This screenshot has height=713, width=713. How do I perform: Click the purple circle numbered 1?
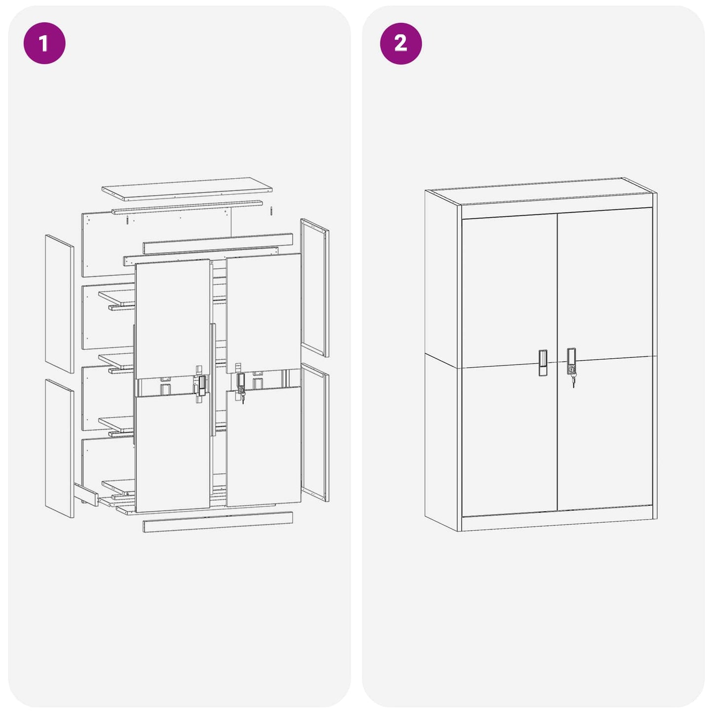(x=44, y=43)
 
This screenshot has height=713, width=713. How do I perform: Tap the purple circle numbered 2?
(x=401, y=43)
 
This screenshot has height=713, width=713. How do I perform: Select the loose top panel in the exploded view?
(x=187, y=188)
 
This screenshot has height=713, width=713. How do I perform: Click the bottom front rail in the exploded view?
(x=218, y=522)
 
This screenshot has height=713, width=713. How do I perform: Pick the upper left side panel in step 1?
(x=59, y=303)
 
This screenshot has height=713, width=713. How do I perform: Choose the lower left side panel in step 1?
(x=59, y=448)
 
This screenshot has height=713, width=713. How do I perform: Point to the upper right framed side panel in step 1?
(x=314, y=288)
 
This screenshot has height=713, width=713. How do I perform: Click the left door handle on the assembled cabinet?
(x=543, y=363)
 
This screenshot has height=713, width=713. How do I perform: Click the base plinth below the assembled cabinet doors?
(x=558, y=523)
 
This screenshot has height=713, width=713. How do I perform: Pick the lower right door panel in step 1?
(x=263, y=447)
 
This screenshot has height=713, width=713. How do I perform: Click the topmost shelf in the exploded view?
(x=117, y=297)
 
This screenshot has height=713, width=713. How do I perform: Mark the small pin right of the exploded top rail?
(x=271, y=210)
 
